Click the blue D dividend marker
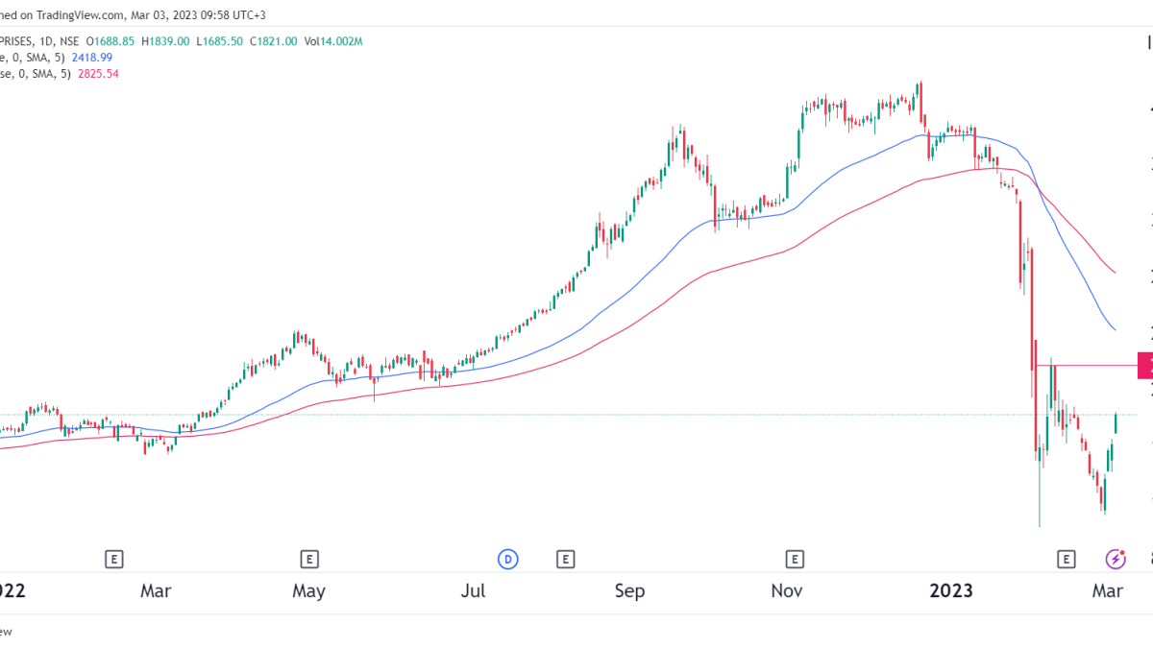(x=507, y=559)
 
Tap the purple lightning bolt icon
(x=1116, y=559)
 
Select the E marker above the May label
(x=309, y=559)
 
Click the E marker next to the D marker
(x=565, y=559)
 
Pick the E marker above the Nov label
(x=795, y=559)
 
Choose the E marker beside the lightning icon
(x=1065, y=559)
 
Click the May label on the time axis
(x=309, y=591)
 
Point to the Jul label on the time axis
(x=472, y=591)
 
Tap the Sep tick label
(x=629, y=591)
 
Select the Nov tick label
(x=788, y=591)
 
